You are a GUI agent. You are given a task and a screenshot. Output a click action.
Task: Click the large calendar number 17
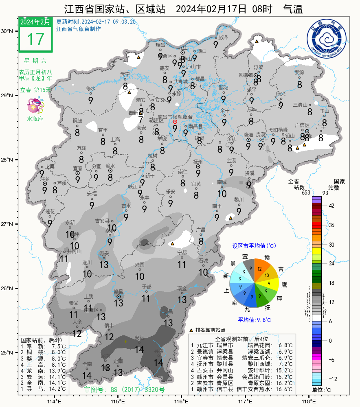click(35, 39)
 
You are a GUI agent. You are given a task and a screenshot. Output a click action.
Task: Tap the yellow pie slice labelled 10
click(267, 276)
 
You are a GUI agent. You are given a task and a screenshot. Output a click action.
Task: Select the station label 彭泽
click(223, 37)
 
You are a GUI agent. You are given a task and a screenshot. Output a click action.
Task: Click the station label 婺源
click(299, 72)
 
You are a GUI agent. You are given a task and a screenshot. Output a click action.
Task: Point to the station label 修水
click(90, 88)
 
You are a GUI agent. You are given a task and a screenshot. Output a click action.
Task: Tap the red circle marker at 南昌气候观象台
click(175, 122)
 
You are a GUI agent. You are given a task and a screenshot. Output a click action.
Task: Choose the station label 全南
click(87, 364)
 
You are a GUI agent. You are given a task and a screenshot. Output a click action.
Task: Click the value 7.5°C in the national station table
click(58, 346)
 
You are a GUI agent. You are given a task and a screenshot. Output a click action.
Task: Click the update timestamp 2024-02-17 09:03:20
click(109, 22)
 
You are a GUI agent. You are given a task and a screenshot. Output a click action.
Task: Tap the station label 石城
click(203, 260)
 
